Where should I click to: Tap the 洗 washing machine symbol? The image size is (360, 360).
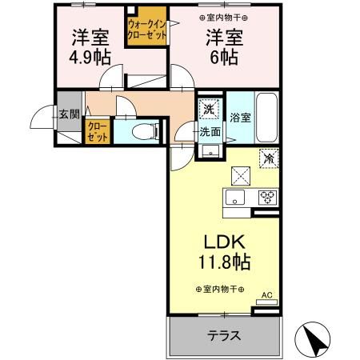coord(207,109)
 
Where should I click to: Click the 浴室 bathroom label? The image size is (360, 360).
coord(239,117)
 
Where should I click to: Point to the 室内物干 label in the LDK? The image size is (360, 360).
coord(220,290)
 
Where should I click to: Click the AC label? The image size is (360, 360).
coord(267,294)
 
